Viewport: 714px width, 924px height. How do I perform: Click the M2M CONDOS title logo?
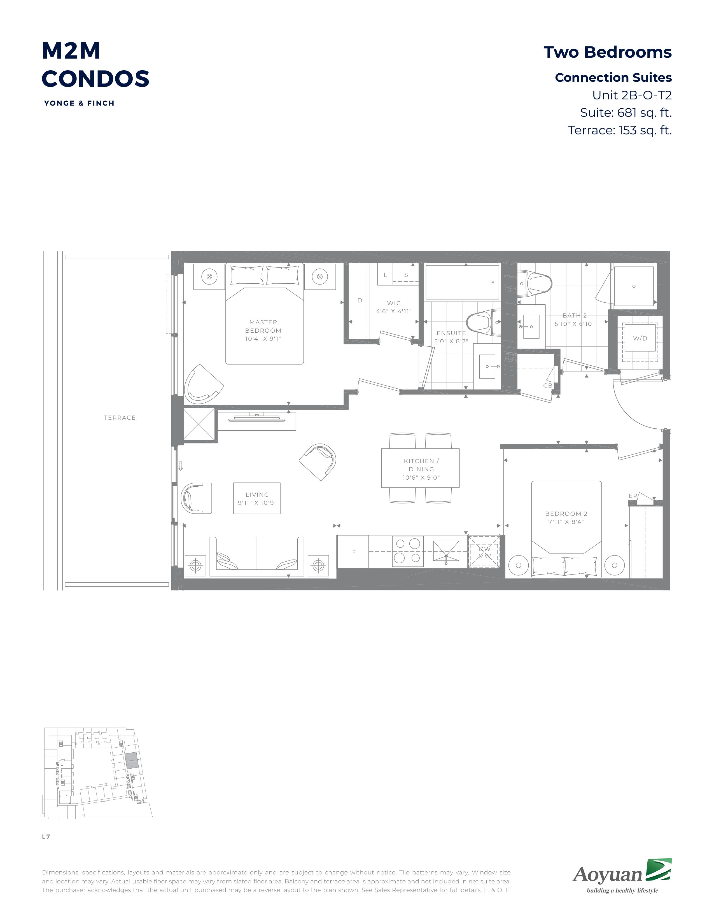[95, 65]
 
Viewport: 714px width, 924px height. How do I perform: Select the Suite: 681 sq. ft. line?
[626, 113]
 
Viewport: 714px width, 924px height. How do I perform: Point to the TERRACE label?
[120, 417]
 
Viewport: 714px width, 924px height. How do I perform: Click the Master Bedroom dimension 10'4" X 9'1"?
[263, 339]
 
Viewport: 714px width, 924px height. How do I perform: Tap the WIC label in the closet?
[394, 303]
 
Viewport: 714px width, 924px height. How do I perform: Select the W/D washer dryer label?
[640, 339]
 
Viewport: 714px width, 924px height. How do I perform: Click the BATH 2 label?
[574, 316]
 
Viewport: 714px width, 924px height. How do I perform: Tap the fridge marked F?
[353, 552]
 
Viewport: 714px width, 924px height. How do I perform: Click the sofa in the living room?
[257, 556]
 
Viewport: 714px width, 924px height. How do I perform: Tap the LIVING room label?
[257, 494]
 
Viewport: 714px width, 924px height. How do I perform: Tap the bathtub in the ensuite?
[462, 282]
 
